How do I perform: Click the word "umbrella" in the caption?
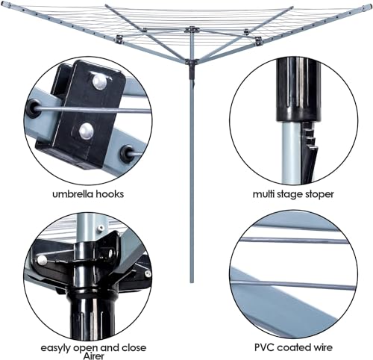pos(73,193)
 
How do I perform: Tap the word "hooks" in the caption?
pos(108,193)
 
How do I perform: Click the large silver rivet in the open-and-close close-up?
pos(43,260)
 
